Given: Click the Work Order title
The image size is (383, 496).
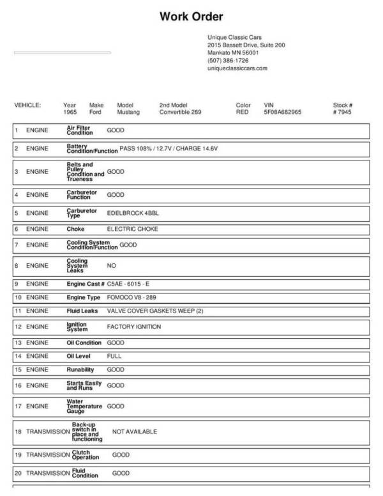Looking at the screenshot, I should coord(191,16).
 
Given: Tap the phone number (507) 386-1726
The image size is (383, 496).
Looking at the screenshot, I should coord(228,60).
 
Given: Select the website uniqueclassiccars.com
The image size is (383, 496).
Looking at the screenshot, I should coord(237,68).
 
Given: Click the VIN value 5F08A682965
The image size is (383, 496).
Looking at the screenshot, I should coord(283,112).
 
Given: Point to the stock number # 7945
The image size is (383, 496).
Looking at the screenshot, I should coord(342,112).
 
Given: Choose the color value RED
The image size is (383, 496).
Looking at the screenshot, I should coord(242,112).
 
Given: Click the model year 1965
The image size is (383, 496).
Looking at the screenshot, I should coord(70,112).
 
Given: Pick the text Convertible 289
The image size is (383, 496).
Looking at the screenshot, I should coord(180,112).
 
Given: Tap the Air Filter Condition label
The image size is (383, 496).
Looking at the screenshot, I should coord(80,130).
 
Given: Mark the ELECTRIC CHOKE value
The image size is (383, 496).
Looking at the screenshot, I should coord(132,228).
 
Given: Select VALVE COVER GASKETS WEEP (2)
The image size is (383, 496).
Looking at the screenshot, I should coord(154,311).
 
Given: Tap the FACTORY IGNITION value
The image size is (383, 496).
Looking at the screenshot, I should coord(133,327).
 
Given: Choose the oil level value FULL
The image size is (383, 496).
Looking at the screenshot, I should coord(114,355).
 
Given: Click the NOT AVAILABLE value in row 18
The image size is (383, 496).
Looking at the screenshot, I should coord(135,431).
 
